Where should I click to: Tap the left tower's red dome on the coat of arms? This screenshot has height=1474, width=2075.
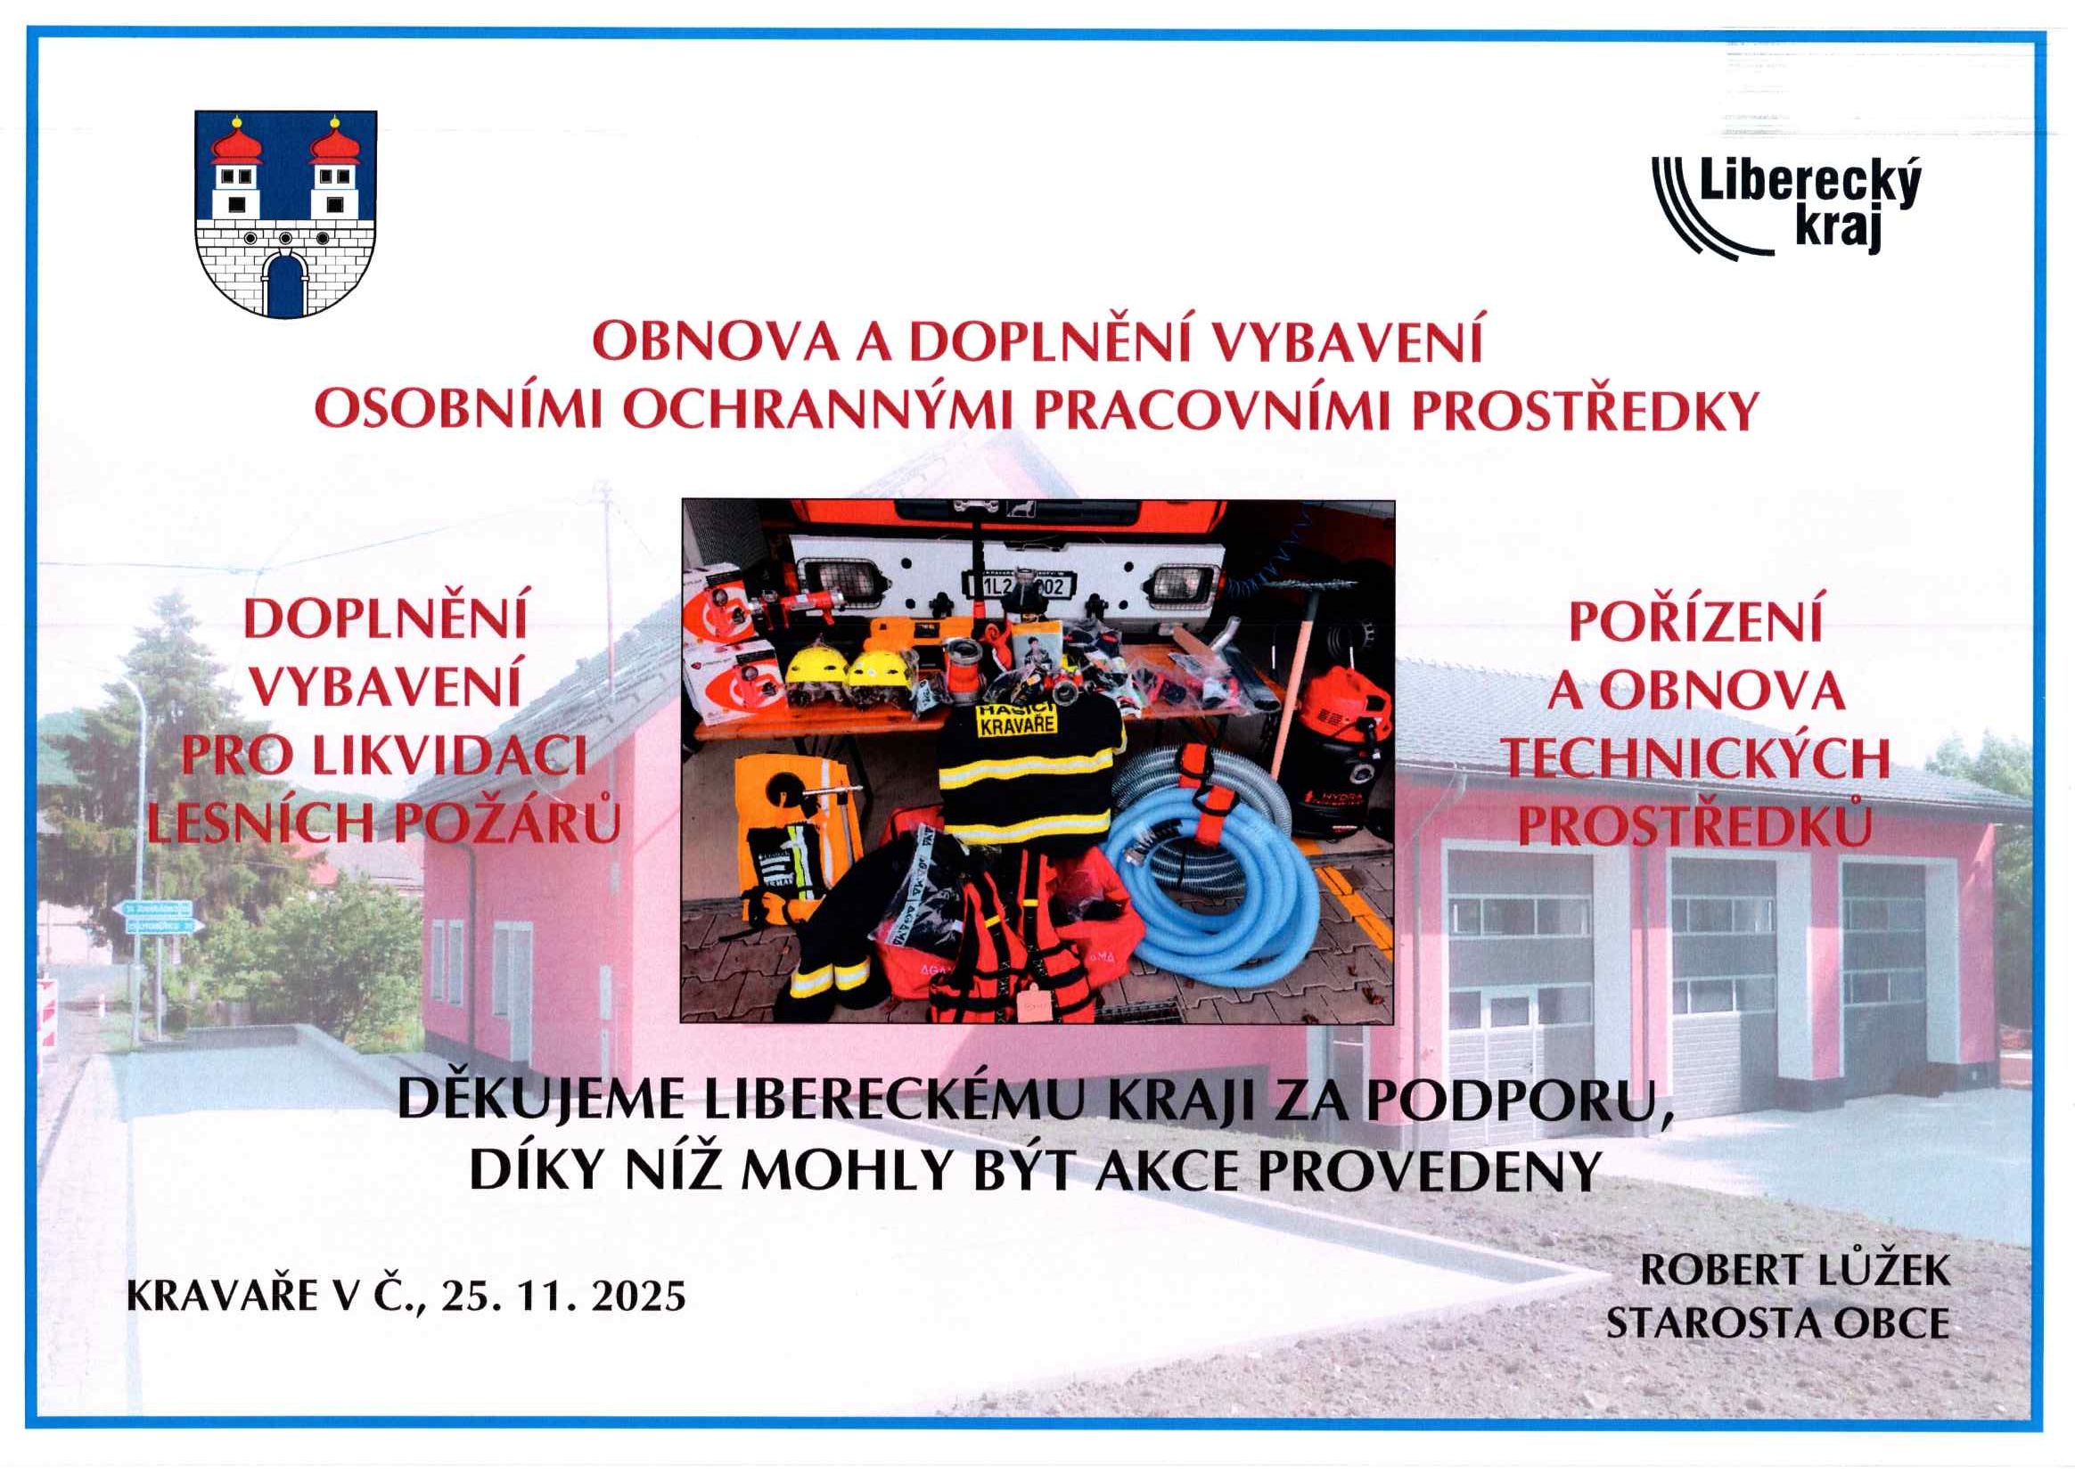[x=236, y=143]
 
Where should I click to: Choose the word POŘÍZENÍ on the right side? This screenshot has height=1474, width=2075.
[x=1694, y=622]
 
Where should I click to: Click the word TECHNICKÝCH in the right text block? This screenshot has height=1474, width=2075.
[x=1694, y=757]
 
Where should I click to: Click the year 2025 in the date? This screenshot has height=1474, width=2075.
[x=637, y=1296]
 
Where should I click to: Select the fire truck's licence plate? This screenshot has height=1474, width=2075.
[x=1021, y=586]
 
